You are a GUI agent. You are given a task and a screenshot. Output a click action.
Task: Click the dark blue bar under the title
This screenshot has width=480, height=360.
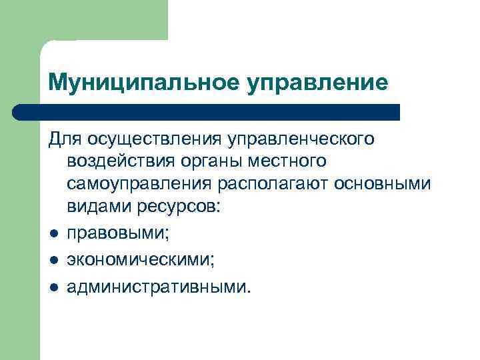[207, 111]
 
